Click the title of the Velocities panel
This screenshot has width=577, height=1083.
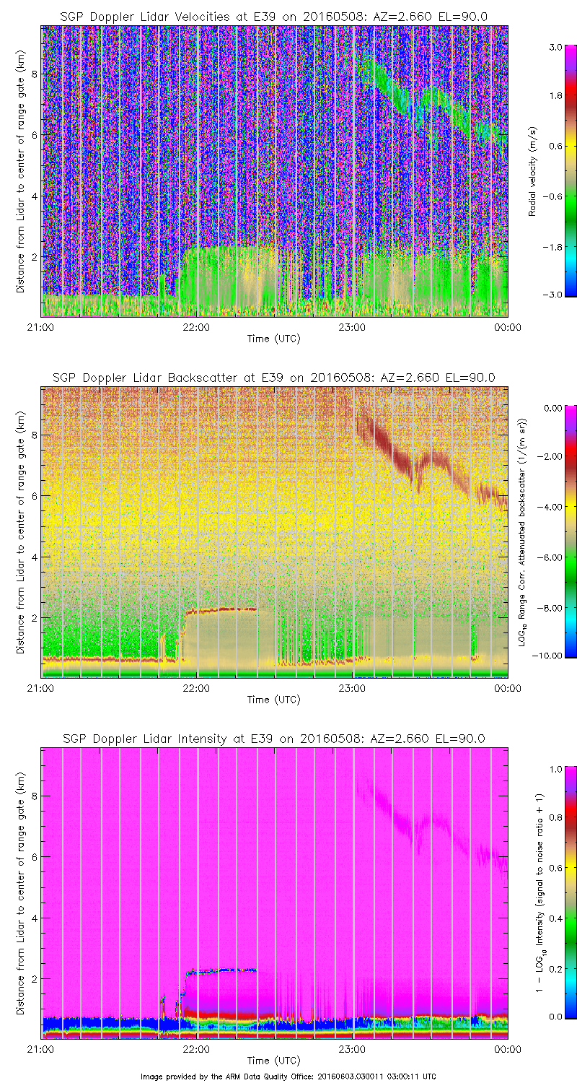pyautogui.click(x=273, y=17)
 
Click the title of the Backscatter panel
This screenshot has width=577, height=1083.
pyautogui.click(x=273, y=378)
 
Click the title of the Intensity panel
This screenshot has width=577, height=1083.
pyautogui.click(x=273, y=739)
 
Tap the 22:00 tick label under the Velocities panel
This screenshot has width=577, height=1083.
pyautogui.click(x=196, y=327)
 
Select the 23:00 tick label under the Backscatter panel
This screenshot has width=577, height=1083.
pyautogui.click(x=352, y=688)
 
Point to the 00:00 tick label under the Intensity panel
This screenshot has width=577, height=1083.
pyautogui.click(x=508, y=1049)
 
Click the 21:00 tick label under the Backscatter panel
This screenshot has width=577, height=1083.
pyautogui.click(x=40, y=688)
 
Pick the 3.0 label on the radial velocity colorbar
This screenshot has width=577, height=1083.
pyautogui.click(x=554, y=48)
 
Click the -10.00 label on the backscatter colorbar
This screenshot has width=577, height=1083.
pyautogui.click(x=552, y=656)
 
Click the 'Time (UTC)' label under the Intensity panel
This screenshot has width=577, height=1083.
pyautogui.click(x=273, y=1061)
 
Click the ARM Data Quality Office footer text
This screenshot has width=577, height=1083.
pyautogui.click(x=288, y=1077)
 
